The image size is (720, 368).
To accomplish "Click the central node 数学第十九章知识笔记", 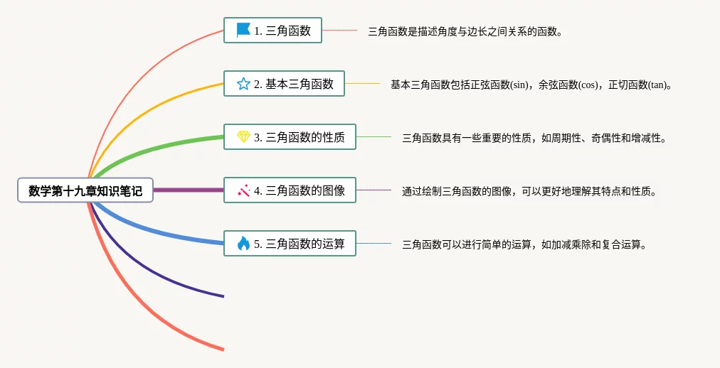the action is (85, 190).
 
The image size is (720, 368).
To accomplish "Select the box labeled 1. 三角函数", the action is (272, 31).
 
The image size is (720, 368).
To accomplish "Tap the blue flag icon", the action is (243, 31).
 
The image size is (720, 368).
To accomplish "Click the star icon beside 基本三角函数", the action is (243, 83).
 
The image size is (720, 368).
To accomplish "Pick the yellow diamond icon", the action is (243, 136).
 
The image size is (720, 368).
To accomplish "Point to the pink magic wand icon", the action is (243, 190).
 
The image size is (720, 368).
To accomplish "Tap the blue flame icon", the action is (243, 244).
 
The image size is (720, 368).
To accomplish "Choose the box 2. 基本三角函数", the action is (284, 83).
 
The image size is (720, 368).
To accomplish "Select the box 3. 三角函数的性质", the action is (290, 136).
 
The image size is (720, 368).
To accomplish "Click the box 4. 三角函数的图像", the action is (290, 190).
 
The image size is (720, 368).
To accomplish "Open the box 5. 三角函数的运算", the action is (290, 244).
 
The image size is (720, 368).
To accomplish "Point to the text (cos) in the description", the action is (588, 85).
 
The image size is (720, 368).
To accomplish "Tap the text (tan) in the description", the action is (657, 85).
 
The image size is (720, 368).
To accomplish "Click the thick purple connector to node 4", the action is (189, 190).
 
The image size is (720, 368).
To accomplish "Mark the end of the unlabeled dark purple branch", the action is (223, 296).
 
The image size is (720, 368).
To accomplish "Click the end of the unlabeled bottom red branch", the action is (223, 350).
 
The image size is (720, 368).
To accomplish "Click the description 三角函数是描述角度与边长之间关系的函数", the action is (465, 32).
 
